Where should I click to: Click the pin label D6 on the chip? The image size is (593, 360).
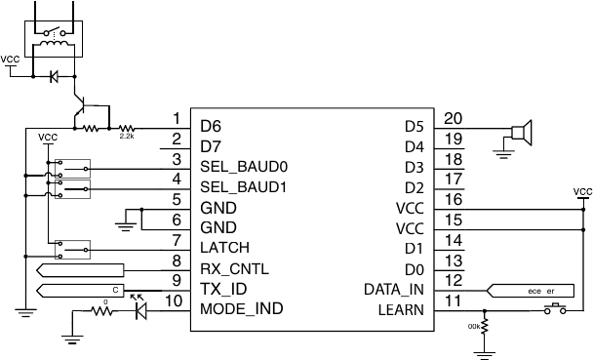(211, 126)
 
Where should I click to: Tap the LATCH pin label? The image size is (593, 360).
(223, 248)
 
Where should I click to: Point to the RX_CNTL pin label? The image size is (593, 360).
(235, 268)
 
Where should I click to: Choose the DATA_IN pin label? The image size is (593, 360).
(394, 289)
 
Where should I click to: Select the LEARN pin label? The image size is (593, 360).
(402, 309)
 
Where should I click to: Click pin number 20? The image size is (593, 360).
(453, 118)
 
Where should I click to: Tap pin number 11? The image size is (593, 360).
(453, 301)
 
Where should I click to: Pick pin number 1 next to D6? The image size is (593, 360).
(175, 118)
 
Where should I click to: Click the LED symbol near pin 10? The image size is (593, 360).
(139, 311)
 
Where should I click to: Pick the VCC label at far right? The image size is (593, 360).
(582, 191)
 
